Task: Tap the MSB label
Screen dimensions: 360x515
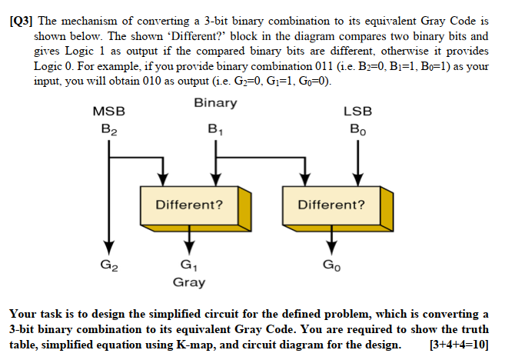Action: pyautogui.click(x=108, y=112)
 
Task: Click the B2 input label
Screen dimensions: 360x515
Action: pyautogui.click(x=108, y=128)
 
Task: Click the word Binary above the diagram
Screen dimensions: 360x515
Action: pyautogui.click(x=215, y=103)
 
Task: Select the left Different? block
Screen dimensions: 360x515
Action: pyautogui.click(x=189, y=205)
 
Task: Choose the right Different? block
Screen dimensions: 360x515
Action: pyautogui.click(x=331, y=205)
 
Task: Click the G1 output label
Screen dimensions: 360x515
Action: pyautogui.click(x=189, y=267)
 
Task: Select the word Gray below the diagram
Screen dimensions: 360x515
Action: pyautogui.click(x=189, y=282)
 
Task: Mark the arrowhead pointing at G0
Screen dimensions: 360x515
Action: pyautogui.click(x=331, y=246)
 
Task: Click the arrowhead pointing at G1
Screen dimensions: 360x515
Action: pyautogui.click(x=189, y=246)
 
